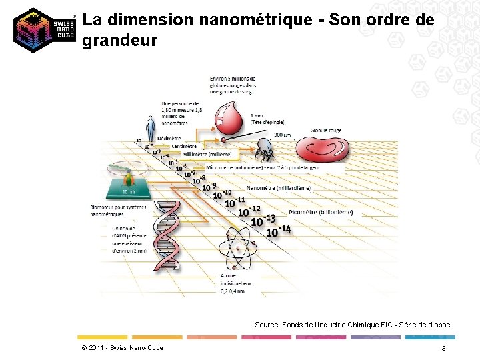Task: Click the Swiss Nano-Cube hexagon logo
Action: [x=43, y=30]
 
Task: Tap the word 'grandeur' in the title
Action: [x=120, y=41]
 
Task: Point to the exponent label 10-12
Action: [x=249, y=210]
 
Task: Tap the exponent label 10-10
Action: [x=222, y=194]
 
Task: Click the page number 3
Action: [x=443, y=349]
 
